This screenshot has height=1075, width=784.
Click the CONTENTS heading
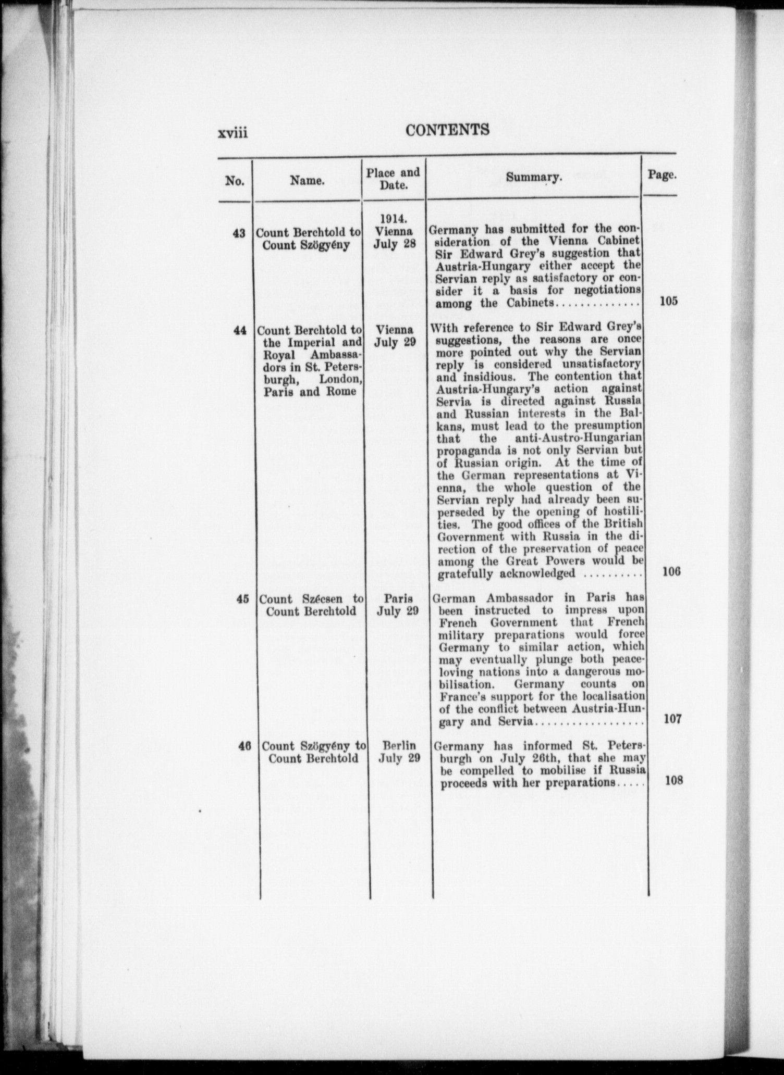[x=448, y=130]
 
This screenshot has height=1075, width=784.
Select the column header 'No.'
[x=235, y=181]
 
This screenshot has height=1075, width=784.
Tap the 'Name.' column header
[x=308, y=181]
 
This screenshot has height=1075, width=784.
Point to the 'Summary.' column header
[x=534, y=177]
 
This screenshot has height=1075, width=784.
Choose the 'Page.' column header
[x=662, y=175]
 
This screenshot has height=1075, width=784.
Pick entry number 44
[x=240, y=330]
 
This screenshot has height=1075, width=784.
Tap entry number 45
[x=242, y=599]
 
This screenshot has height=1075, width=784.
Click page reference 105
[x=668, y=301]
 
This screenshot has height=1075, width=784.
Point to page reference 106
[x=671, y=572]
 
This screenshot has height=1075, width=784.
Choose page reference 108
[x=674, y=780]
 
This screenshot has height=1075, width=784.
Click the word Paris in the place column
[x=398, y=599]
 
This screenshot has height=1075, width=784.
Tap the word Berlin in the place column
[x=399, y=746]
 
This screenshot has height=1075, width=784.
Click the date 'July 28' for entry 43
[x=395, y=244]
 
